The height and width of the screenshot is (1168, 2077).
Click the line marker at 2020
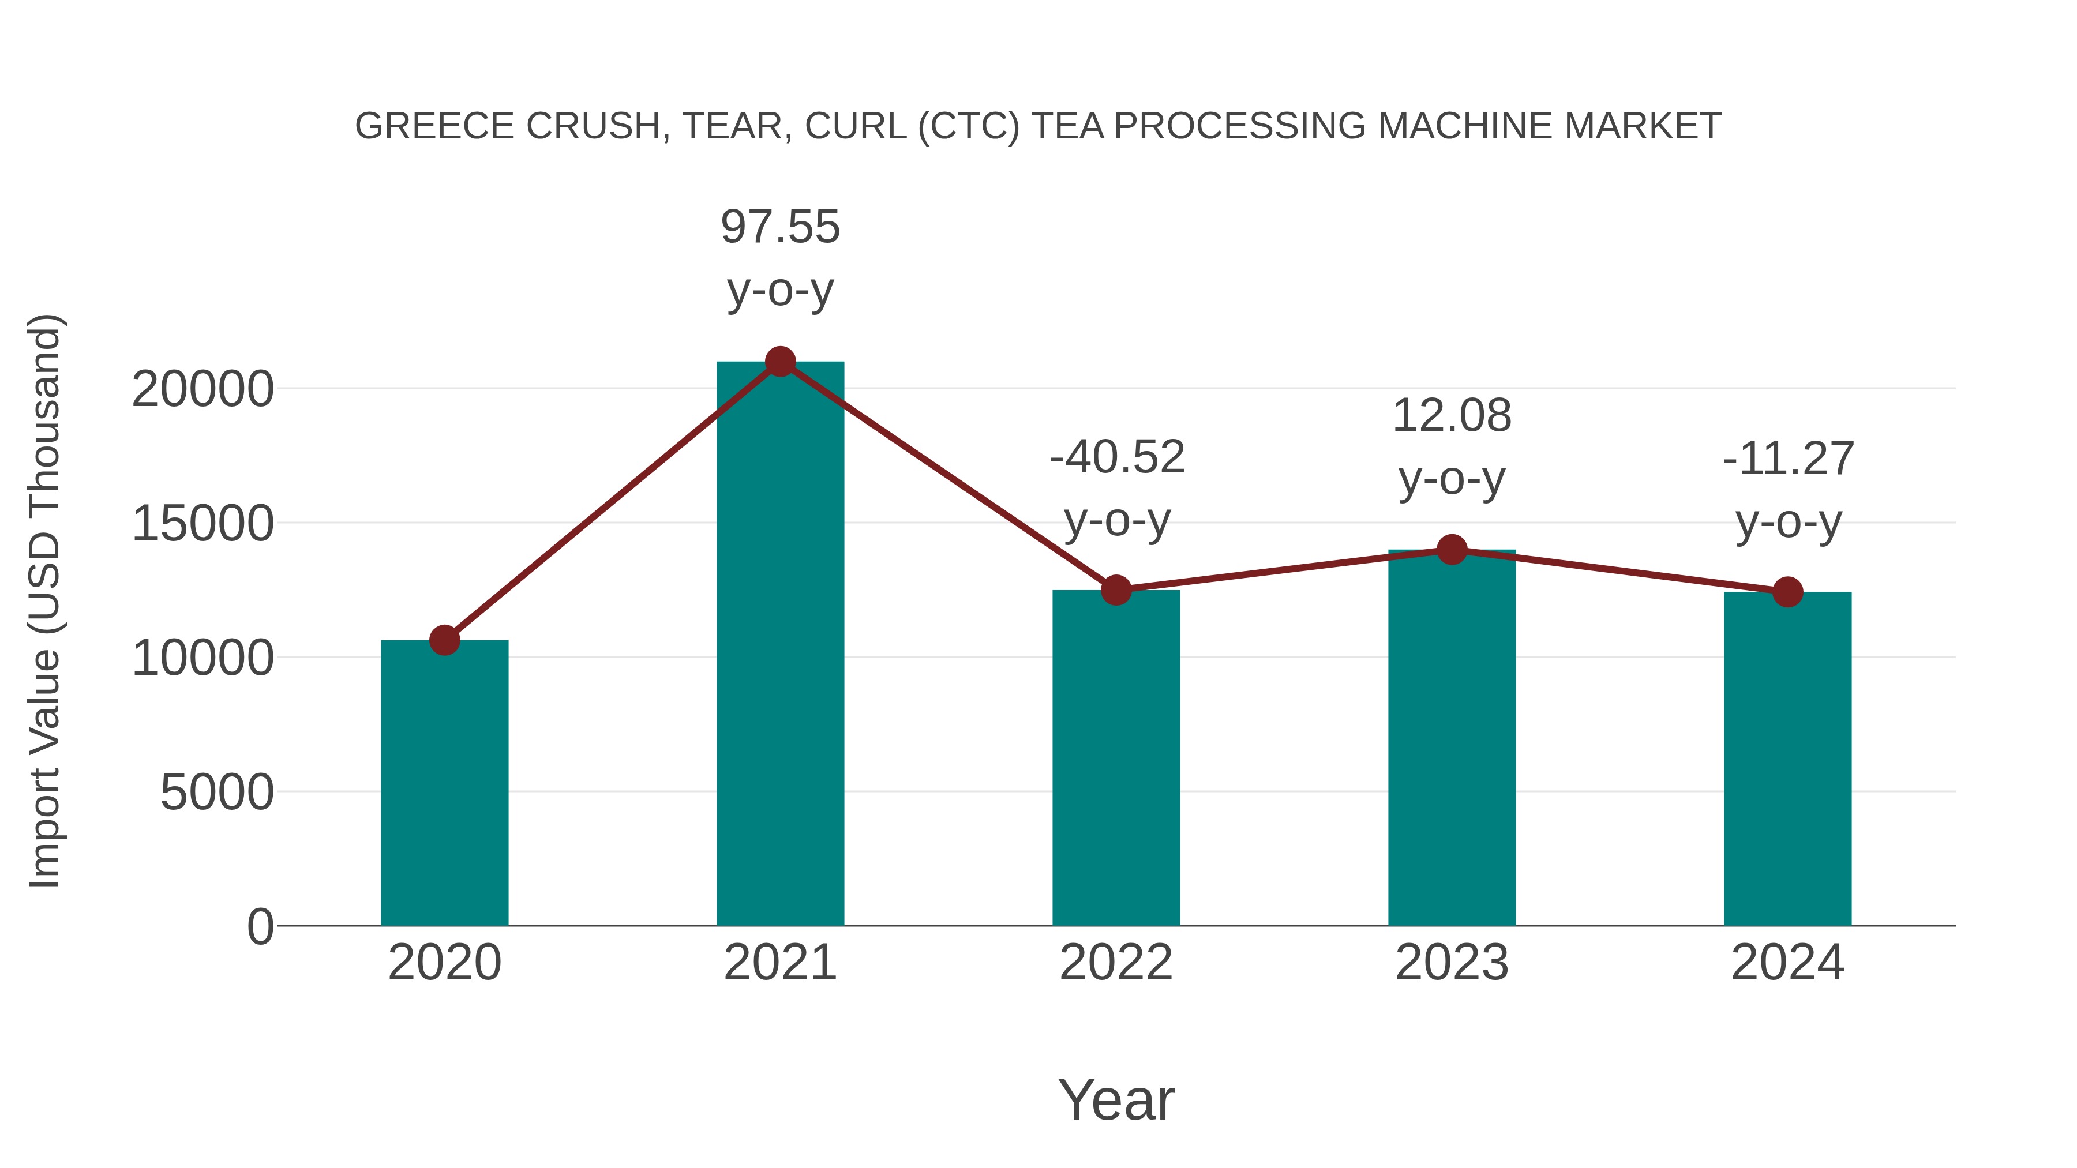tap(444, 641)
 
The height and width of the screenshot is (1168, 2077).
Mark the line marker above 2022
tap(1116, 590)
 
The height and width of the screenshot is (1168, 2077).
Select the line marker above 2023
tap(1452, 550)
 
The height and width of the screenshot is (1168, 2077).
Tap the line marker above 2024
tap(1787, 592)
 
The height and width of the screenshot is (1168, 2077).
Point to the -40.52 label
tap(1117, 458)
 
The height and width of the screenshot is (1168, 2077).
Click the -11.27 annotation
tap(1789, 460)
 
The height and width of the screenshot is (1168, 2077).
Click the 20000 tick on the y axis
tap(203, 390)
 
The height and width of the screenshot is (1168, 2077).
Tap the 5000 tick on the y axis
tap(217, 793)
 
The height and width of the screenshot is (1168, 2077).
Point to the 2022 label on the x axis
tap(1116, 963)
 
